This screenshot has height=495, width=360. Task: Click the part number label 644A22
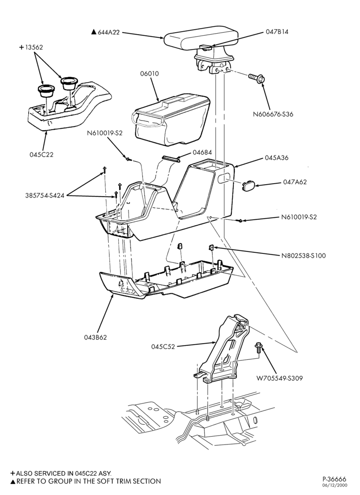click(x=108, y=32)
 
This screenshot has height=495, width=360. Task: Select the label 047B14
click(x=277, y=32)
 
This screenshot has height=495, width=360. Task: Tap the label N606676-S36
click(x=273, y=114)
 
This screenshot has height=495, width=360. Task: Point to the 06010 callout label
click(x=149, y=74)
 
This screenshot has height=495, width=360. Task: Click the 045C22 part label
click(x=42, y=154)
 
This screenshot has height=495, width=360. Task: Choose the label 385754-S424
click(x=45, y=196)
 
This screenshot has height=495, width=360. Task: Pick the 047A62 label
click(x=295, y=182)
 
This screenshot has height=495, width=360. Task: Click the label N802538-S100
click(x=304, y=255)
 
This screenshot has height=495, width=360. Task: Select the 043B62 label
click(x=95, y=337)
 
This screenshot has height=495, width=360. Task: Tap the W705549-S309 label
click(x=279, y=378)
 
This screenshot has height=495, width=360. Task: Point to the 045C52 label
click(x=163, y=346)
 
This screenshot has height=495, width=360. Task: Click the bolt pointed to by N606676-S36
click(x=257, y=78)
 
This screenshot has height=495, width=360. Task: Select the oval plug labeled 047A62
click(x=248, y=185)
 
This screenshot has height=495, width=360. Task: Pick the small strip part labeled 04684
click(x=171, y=158)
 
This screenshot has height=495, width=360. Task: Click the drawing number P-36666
click(x=334, y=479)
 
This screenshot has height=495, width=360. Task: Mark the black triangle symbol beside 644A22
click(x=93, y=32)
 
